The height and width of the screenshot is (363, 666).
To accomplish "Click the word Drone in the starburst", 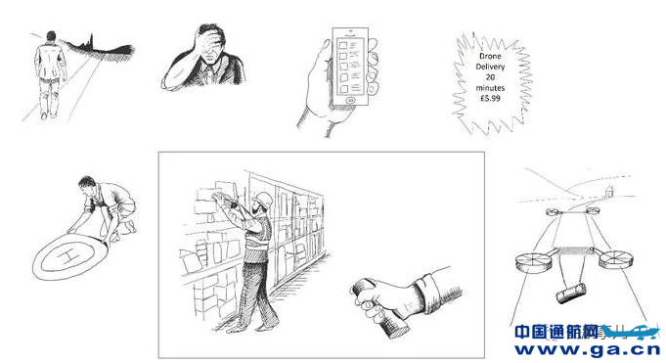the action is pos(490,56).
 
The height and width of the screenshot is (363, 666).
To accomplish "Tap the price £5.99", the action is pos(490,98).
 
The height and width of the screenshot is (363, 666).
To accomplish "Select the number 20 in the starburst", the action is pos(490,77).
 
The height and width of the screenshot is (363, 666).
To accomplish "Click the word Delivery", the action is pos(490,67).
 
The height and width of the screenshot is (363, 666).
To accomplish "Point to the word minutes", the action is pos(490,88).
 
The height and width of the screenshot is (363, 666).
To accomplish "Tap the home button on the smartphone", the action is pos(351,101).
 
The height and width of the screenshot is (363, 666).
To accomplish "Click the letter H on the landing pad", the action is pos(67,256).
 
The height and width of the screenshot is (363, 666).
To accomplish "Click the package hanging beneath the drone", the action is pos(571,294).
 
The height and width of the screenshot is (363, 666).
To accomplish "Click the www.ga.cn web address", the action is pos(588,349).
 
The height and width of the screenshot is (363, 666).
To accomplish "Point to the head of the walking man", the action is pos(52,37).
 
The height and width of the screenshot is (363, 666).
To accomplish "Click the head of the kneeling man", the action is pos(87,184).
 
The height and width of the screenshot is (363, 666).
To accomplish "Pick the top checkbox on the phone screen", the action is pos(342,44).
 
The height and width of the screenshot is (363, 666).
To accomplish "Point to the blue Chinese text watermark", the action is pos(556,332).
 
